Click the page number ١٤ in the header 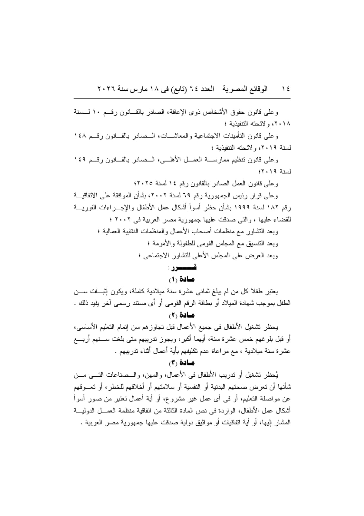coord(285,89)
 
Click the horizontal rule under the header coord(182,98)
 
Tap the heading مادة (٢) coord(182,315)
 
